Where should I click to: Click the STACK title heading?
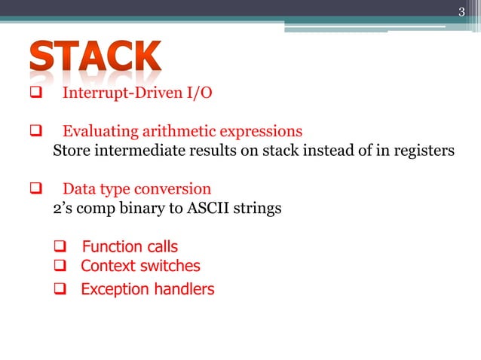[96, 59]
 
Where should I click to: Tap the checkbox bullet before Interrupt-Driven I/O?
[35, 94]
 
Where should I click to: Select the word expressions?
[256, 132]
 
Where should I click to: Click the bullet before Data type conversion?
[35, 188]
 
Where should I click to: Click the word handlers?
[182, 289]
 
